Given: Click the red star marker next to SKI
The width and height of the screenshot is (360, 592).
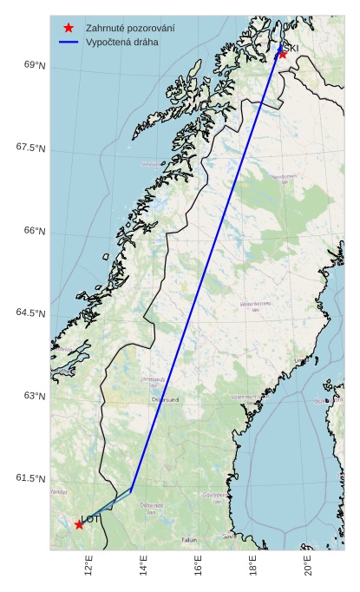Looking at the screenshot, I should [x=282, y=54].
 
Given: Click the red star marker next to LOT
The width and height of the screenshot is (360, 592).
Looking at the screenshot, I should [x=79, y=524].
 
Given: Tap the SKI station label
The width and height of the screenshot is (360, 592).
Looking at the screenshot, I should [x=291, y=49].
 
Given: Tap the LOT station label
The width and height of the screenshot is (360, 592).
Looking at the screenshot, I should [x=92, y=519].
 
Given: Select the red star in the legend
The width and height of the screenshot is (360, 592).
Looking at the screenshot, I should [x=69, y=28].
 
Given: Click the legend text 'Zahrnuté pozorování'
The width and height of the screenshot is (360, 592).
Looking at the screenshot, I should [x=130, y=28].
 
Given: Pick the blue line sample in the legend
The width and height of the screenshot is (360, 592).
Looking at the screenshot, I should [x=69, y=42].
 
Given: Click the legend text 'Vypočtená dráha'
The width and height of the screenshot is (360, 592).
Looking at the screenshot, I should [x=122, y=42].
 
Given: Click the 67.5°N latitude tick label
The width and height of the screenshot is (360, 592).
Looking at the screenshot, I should [x=30, y=148].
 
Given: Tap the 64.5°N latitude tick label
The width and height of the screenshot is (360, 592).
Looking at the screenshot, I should [x=30, y=312].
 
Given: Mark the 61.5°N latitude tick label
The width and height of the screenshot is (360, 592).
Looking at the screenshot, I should [x=30, y=478].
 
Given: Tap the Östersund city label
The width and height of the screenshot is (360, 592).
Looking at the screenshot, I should [x=165, y=399].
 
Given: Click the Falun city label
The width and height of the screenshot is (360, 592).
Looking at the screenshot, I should [x=189, y=540].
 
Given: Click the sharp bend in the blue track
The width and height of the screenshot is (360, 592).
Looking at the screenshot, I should [x=131, y=489].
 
